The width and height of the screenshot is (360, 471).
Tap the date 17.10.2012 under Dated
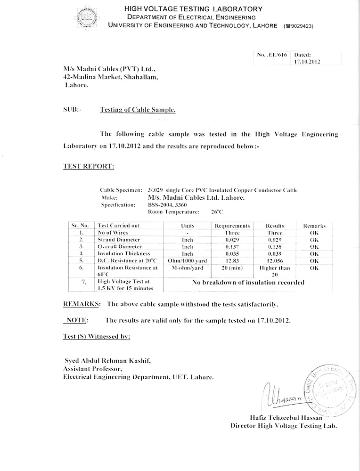pos(307,62)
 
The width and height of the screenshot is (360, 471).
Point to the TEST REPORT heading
pos(88,166)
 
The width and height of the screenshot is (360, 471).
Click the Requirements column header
pos(231,226)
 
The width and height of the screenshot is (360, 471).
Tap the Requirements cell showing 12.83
pos(231,260)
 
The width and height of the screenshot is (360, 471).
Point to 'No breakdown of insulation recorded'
pos(248,283)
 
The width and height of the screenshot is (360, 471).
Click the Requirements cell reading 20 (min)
pos(231,268)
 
